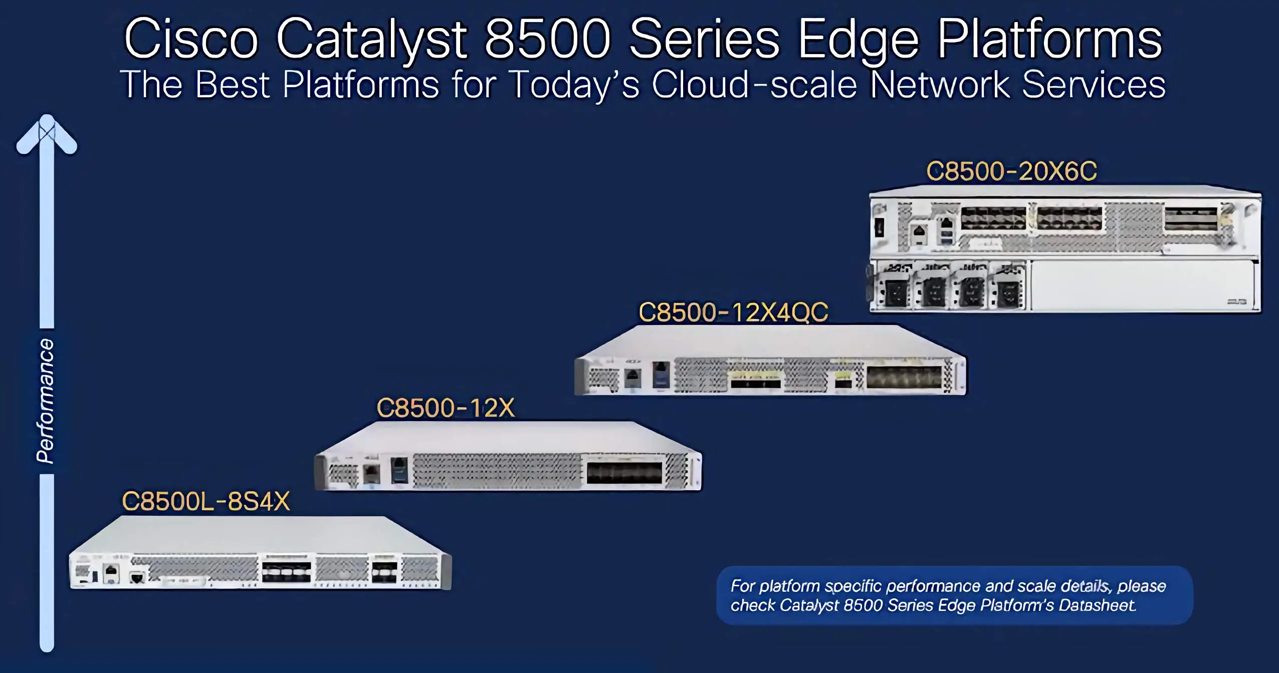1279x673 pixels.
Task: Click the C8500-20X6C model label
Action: point(1011,171)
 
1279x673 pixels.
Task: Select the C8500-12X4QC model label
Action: point(733,312)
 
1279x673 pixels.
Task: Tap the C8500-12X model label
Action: point(446,408)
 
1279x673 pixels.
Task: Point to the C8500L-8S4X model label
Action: point(206,501)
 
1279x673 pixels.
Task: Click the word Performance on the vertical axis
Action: point(45,401)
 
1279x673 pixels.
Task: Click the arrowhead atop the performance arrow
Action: point(47,134)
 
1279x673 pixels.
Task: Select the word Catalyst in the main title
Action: point(371,40)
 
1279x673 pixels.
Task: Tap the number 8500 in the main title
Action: point(548,39)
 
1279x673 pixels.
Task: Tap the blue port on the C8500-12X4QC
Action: point(661,375)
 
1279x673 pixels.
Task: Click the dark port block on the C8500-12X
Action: point(624,473)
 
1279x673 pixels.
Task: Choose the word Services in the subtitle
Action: point(1094,84)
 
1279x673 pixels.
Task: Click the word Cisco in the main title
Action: point(191,40)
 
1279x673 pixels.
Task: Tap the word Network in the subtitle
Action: point(940,84)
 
